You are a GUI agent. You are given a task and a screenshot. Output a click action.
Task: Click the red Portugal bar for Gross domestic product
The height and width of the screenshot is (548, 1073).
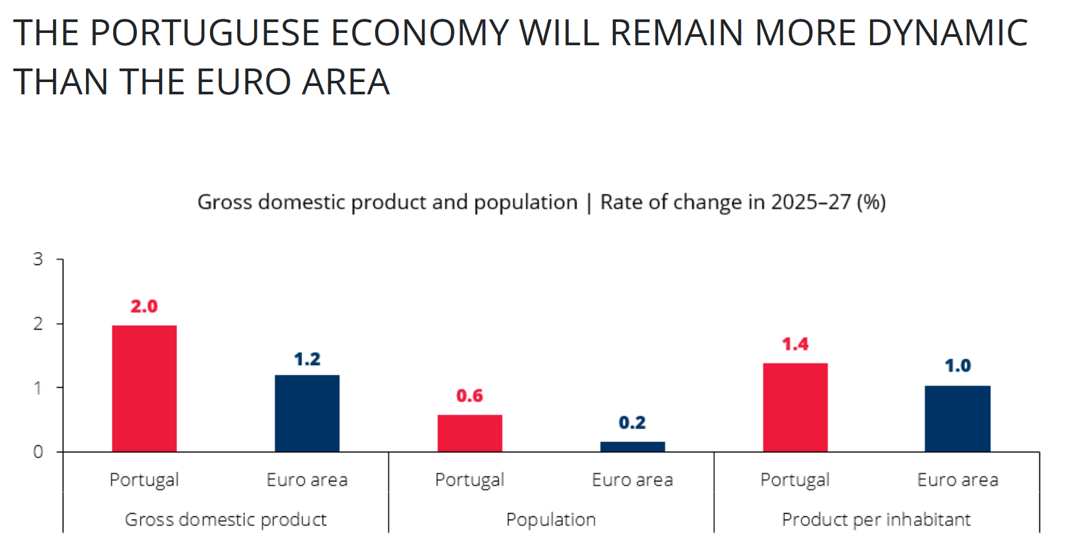click(144, 388)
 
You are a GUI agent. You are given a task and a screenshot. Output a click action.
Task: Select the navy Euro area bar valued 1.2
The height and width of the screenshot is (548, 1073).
click(307, 413)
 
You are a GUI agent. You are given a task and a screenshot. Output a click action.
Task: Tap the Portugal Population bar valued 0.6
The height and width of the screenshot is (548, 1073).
click(470, 433)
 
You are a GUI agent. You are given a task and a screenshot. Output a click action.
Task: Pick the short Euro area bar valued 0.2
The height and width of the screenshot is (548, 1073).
click(632, 447)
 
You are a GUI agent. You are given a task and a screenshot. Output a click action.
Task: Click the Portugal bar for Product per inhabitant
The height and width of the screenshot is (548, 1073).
click(795, 407)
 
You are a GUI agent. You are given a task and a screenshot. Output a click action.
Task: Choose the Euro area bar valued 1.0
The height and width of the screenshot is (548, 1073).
click(957, 418)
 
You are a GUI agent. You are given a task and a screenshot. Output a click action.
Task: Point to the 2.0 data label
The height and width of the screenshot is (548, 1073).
click(144, 306)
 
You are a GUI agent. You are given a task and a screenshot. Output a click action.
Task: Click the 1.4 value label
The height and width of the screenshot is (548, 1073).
click(795, 344)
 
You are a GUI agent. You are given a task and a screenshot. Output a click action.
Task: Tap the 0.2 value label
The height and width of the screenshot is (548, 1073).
click(632, 423)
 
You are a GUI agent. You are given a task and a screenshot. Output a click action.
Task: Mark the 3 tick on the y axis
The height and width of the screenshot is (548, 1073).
click(38, 260)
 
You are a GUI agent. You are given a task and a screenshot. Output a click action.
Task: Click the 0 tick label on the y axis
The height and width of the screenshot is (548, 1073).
click(38, 452)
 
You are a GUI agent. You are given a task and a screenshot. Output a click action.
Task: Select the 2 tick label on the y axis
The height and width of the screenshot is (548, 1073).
click(38, 324)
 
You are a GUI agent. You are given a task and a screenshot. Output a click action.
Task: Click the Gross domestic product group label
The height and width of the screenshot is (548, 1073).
click(226, 520)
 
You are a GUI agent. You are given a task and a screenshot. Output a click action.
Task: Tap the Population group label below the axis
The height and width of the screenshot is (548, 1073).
click(551, 520)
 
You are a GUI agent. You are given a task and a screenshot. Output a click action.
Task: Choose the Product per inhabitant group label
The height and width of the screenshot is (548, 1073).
click(876, 520)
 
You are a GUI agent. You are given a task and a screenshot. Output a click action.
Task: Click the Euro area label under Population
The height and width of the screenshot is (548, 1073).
click(632, 480)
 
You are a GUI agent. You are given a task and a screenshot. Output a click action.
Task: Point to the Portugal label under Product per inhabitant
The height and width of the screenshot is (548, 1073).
click(795, 480)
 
